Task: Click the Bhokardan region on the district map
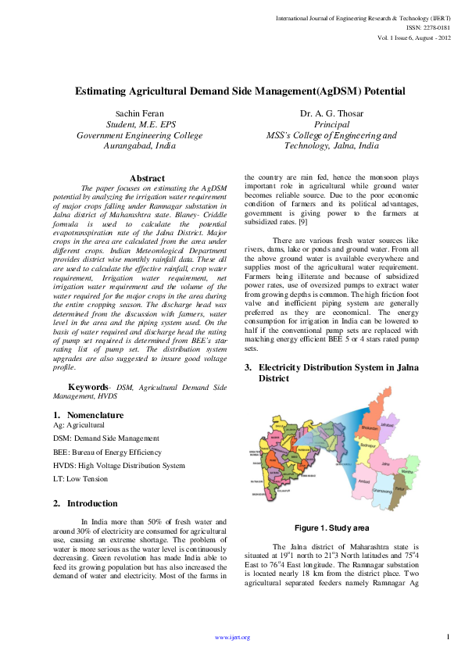click(x=369, y=428)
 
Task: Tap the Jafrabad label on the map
click(x=387, y=424)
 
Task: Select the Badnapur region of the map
click(x=368, y=445)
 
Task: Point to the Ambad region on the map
click(x=363, y=481)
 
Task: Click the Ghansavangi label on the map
click(x=382, y=490)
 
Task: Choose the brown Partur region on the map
click(x=399, y=488)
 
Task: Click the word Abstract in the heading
click(x=147, y=179)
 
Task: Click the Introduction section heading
click(x=92, y=481)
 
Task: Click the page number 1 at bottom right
click(x=448, y=637)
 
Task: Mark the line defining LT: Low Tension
click(x=80, y=479)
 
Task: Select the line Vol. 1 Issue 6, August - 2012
click(x=413, y=37)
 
